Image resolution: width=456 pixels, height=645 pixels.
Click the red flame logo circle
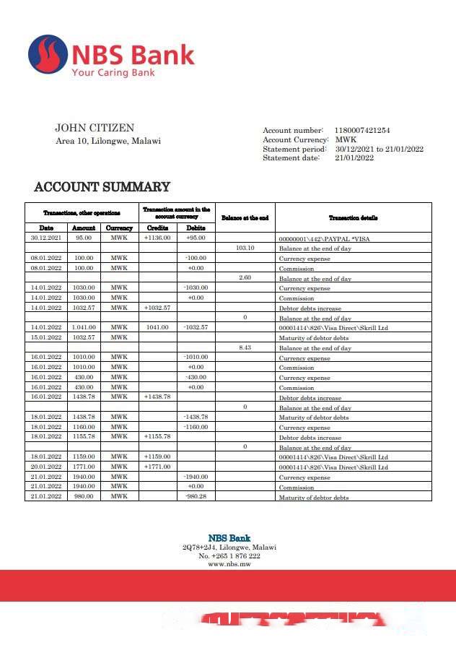[48, 55]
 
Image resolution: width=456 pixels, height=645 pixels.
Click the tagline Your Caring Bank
[113, 72]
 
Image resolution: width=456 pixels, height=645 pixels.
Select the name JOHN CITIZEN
[95, 128]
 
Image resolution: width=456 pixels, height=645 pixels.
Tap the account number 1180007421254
[362, 131]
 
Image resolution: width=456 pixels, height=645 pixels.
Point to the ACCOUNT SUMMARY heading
[102, 187]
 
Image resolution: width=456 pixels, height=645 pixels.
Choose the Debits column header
[196, 228]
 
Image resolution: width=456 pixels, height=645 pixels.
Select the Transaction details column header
[354, 217]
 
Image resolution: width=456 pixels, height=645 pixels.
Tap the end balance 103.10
[245, 248]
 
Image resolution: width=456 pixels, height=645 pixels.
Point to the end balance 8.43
[245, 348]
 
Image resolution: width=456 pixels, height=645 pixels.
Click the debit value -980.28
[196, 497]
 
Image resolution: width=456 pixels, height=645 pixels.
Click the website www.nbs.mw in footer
[229, 564]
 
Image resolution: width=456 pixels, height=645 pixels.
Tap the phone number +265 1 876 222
[229, 556]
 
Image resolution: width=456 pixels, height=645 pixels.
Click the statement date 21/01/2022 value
[354, 158]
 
